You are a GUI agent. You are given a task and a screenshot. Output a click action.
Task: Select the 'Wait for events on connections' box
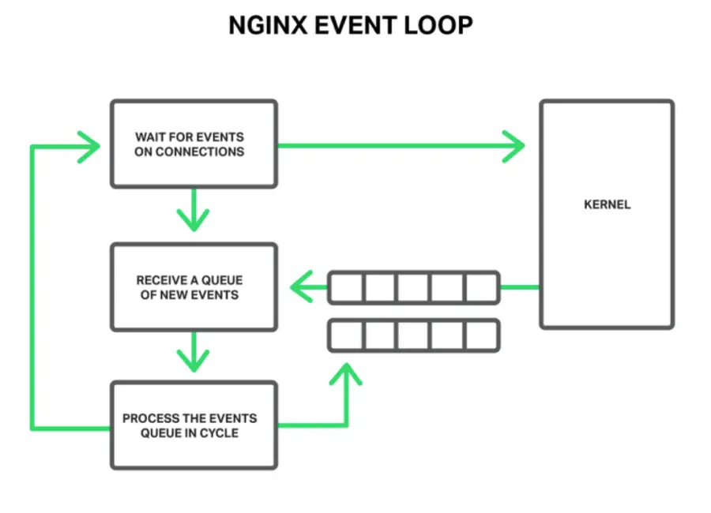click(194, 144)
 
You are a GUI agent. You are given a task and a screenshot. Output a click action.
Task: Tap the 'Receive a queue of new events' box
click(194, 287)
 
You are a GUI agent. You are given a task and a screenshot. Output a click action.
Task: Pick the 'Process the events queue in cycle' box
click(194, 425)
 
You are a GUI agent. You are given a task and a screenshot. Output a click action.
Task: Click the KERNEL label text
click(607, 204)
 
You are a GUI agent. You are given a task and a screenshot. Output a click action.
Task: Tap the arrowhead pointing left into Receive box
click(300, 287)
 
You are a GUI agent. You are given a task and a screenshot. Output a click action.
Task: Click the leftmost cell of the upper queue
click(345, 287)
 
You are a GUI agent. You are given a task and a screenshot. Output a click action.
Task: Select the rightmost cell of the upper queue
click(482, 287)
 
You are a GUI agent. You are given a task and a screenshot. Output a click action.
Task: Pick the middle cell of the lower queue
click(414, 335)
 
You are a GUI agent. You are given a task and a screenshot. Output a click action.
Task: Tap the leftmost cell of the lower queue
click(345, 335)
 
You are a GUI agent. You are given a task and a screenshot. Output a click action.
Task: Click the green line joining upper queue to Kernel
click(520, 287)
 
